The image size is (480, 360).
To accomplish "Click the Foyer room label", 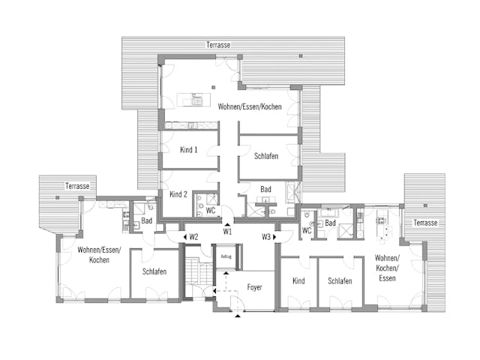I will pos(254,287).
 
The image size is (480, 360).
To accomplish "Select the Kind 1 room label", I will pos(189,150).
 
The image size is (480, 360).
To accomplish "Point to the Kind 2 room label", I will pos(178,194).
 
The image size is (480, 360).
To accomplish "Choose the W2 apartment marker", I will pos(193,237).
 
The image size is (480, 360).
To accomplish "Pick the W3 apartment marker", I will pos(266,237).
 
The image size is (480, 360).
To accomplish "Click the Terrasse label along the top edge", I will pos(219,46).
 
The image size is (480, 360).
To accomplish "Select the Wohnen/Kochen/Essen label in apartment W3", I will pos(388,268).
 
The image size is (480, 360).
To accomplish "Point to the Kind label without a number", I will pos(298,280).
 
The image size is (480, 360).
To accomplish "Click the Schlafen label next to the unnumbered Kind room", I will pos(340,280).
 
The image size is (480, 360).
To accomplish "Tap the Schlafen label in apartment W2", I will pos(154,271).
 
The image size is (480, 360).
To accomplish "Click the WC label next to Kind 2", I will pos(211,211).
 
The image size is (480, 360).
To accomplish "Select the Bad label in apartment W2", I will pos(147,220).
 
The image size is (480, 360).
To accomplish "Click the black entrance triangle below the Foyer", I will pos(238,316).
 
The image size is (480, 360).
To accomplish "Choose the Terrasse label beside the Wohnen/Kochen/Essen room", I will pos(425,223).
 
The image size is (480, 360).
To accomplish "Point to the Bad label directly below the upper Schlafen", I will pos(266,190).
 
